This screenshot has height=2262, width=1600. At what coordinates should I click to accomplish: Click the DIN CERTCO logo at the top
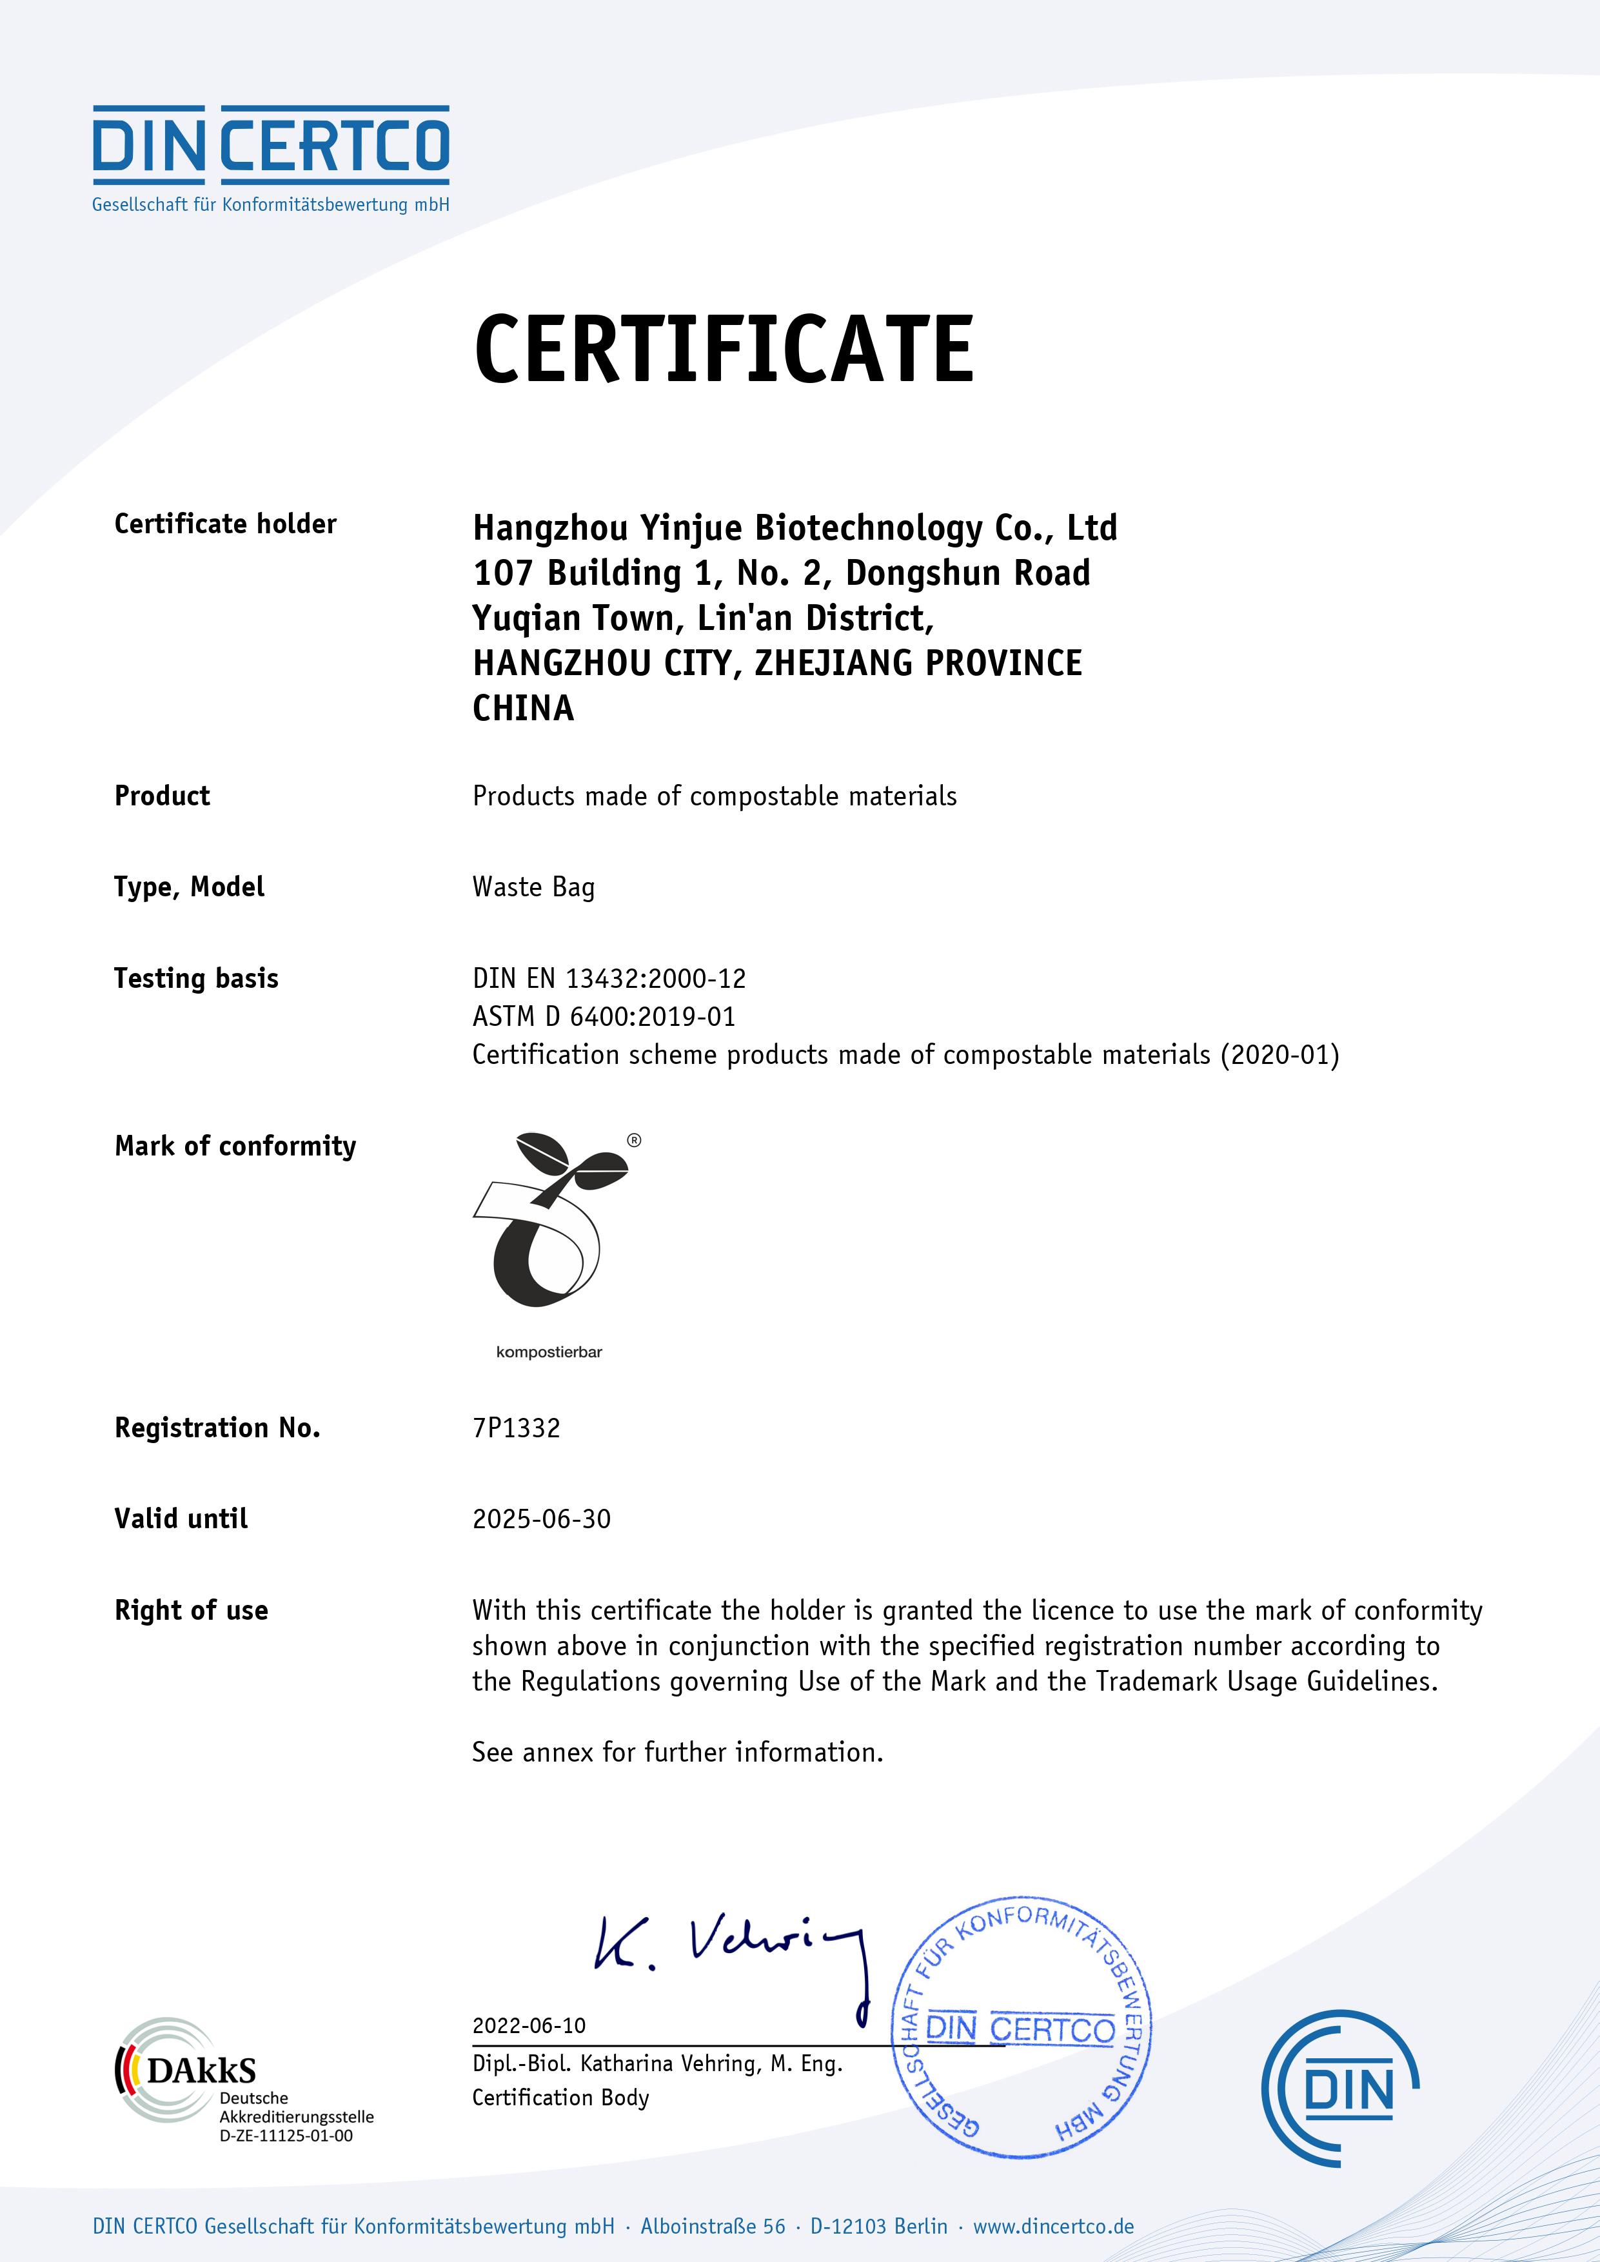click(x=271, y=157)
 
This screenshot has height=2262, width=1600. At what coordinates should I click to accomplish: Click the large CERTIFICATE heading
click(x=724, y=349)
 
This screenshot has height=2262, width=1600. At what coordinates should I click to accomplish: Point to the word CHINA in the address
click(x=523, y=709)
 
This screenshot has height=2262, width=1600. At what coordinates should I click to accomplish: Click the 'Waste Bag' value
click(x=533, y=888)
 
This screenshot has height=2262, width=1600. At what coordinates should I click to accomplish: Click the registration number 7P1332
click(x=517, y=1428)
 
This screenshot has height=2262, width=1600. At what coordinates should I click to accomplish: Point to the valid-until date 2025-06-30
click(x=541, y=1519)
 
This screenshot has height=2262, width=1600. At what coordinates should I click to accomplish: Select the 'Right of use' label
click(x=191, y=1611)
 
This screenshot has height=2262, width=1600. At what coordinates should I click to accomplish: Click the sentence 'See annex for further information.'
click(x=677, y=1753)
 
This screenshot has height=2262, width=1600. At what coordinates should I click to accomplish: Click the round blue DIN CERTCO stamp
click(x=1021, y=2027)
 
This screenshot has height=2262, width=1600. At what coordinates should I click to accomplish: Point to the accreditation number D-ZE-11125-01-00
click(x=286, y=2136)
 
